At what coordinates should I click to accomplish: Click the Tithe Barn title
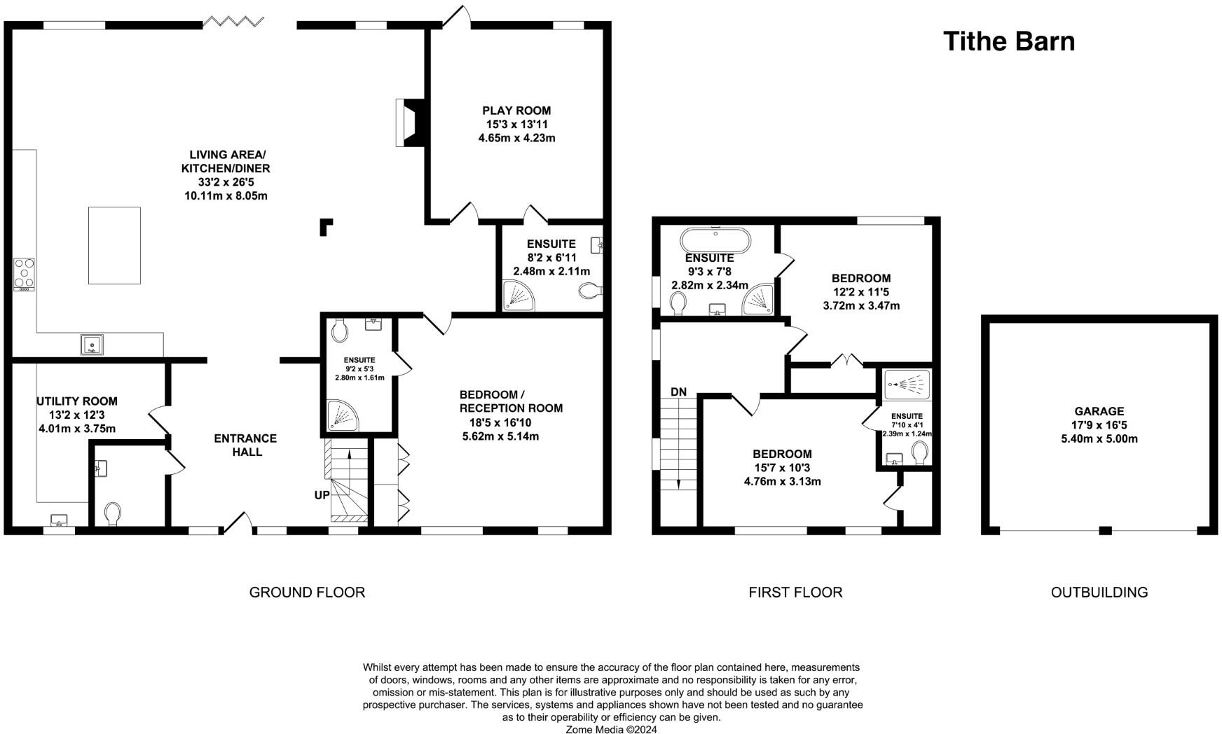1008,41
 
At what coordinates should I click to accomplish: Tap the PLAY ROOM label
516,111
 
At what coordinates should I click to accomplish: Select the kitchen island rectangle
114,245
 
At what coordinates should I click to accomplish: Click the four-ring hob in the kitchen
25,274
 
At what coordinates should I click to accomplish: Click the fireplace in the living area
410,123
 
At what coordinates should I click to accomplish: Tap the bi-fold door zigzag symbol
233,22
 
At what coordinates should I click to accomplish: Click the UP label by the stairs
322,495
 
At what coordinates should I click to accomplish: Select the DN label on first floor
678,392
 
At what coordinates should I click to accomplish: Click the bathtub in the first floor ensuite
715,240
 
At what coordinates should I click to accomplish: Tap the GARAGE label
1099,411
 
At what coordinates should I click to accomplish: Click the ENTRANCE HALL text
246,445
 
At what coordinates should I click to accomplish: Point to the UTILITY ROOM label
77,401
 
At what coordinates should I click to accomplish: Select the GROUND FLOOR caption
307,593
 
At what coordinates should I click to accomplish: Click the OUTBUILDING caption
1099,593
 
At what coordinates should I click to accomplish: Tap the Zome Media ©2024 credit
612,728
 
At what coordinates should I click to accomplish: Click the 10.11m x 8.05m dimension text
226,196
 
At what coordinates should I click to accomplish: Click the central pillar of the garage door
1105,530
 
